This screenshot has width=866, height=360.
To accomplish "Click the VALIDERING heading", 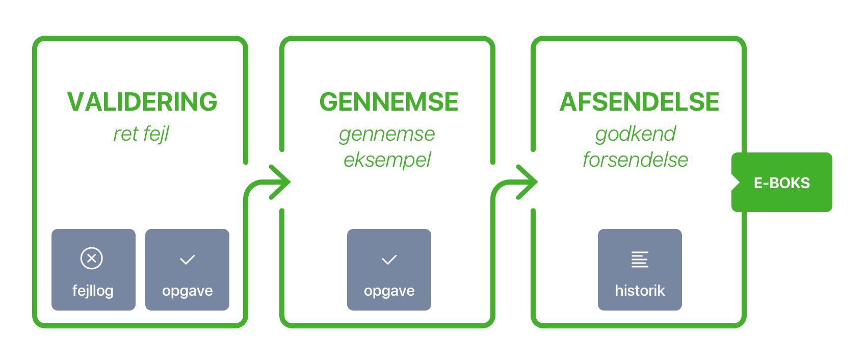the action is click(142, 102).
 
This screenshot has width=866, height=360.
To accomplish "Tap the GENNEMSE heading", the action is click(389, 102).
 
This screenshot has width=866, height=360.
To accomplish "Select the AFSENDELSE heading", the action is click(640, 102).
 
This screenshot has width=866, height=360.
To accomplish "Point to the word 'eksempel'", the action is click(387, 160).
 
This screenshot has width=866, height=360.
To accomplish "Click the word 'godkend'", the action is click(636, 134).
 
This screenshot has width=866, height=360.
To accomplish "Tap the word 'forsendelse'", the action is click(636, 160).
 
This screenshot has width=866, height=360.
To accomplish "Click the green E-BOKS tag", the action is click(782, 182).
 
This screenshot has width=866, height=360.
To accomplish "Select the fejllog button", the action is click(94, 270).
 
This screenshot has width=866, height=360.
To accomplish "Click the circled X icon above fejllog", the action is click(92, 259).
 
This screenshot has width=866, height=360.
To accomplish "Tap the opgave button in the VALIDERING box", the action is click(187, 270).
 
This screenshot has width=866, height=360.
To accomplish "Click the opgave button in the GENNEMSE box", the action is click(389, 270).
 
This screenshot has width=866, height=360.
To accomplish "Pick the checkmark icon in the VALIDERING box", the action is click(188, 260).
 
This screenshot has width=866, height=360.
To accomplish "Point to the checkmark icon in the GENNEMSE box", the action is click(389, 260).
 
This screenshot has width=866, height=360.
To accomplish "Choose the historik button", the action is click(640, 270).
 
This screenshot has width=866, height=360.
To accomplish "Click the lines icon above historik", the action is click(640, 260).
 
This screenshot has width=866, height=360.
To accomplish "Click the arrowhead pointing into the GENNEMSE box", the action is click(280, 182).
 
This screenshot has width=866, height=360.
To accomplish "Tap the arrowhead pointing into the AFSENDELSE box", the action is click(528, 182).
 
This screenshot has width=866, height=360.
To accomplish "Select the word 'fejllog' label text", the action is click(93, 291).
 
